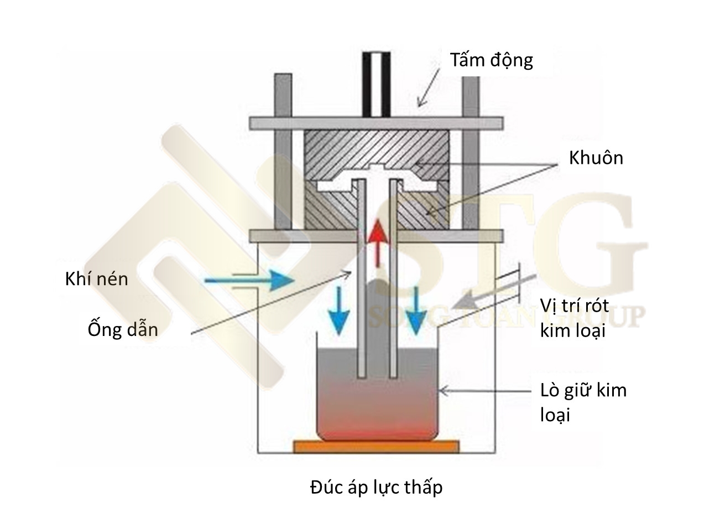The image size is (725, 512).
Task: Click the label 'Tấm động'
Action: pyautogui.click(x=492, y=60)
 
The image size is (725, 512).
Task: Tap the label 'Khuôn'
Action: pyautogui.click(x=596, y=158)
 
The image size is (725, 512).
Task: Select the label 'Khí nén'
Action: pyautogui.click(x=96, y=278)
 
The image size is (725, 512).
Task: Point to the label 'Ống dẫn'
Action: pyautogui.click(x=123, y=329)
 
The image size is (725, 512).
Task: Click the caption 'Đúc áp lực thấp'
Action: pyautogui.click(x=376, y=487)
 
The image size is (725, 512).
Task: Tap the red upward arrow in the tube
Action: pyautogui.click(x=378, y=241)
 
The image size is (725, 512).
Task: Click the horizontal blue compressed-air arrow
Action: pyautogui.click(x=249, y=281)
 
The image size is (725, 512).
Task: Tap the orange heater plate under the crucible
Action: pyautogui.click(x=376, y=446)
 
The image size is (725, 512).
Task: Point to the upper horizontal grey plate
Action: pyautogui.click(x=376, y=122)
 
